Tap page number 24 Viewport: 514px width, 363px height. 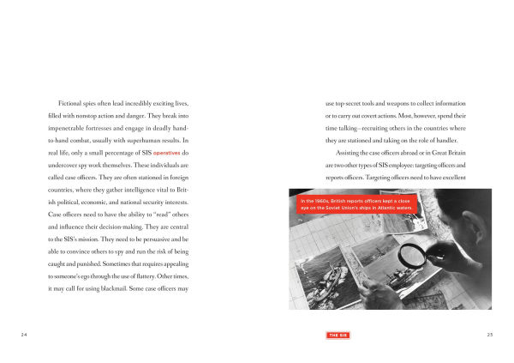pyautogui.click(x=24, y=333)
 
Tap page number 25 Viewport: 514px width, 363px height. pyautogui.click(x=489, y=333)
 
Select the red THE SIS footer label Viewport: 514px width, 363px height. pyautogui.click(x=337, y=333)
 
